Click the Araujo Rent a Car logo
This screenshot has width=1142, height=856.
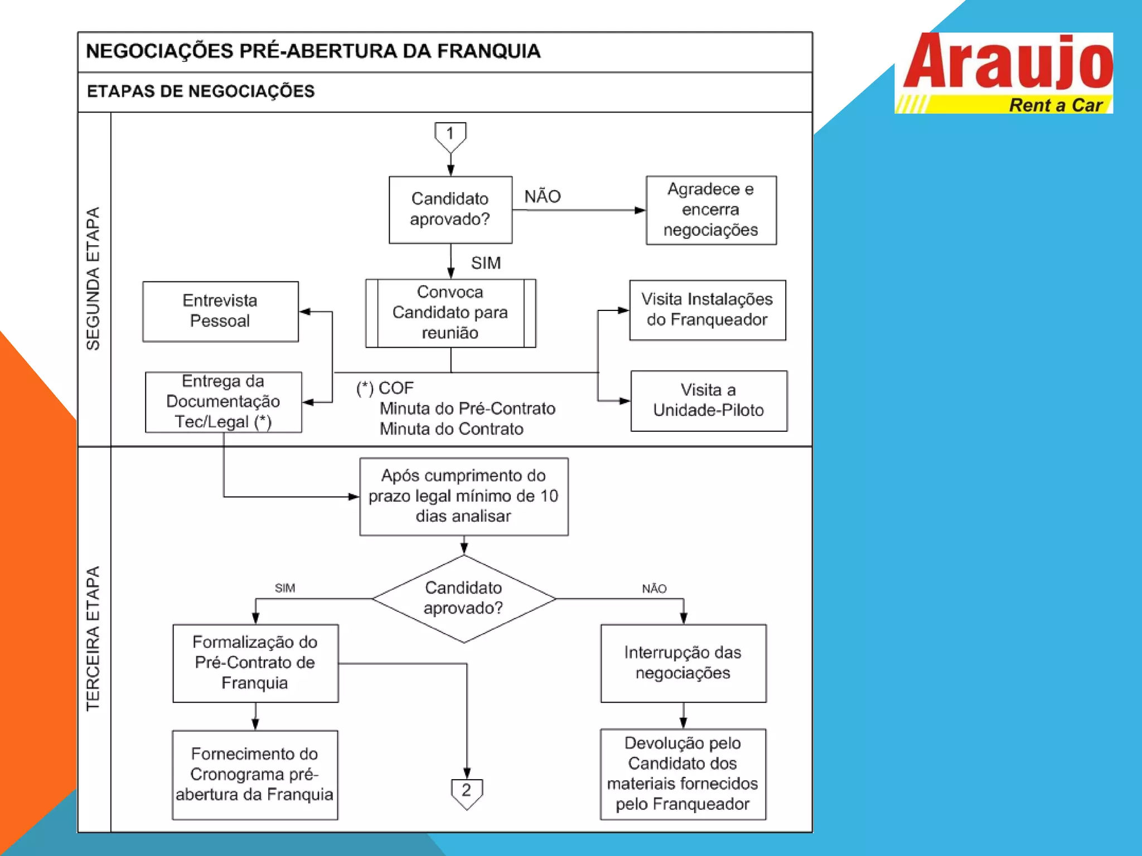(1004, 73)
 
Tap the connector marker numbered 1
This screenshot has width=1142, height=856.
(450, 135)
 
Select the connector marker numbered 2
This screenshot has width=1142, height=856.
(467, 792)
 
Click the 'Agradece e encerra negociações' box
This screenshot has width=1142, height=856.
(711, 210)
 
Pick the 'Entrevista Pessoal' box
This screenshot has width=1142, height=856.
(220, 311)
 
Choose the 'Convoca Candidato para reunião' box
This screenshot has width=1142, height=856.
(451, 313)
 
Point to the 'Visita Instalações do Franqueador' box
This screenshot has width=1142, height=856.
(707, 310)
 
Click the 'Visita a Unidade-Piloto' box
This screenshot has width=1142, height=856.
(709, 401)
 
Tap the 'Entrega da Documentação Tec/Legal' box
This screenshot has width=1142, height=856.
(223, 402)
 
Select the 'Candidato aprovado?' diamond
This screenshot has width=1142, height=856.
(463, 599)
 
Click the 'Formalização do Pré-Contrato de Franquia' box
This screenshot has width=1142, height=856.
(255, 663)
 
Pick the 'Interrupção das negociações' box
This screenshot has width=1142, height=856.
(683, 663)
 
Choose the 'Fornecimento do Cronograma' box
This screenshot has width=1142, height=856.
(255, 775)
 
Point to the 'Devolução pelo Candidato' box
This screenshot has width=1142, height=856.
(683, 774)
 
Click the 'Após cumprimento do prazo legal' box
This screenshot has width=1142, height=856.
(463, 496)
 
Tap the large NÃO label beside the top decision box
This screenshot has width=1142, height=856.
(543, 197)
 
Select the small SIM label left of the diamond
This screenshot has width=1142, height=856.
(285, 588)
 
